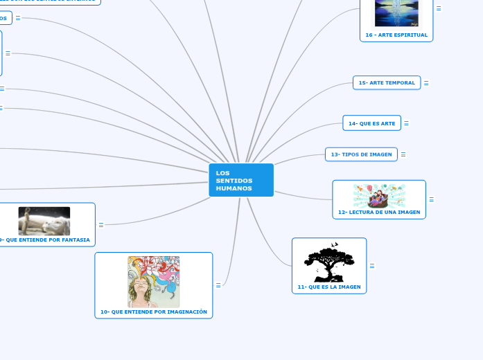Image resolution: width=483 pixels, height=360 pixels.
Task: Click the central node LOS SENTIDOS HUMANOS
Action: tap(240, 180)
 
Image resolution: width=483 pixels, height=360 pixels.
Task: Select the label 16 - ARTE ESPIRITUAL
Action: tap(396, 35)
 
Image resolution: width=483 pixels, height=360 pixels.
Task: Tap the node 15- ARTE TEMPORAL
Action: tap(387, 83)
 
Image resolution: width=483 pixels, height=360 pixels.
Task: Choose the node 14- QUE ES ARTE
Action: tap(371, 123)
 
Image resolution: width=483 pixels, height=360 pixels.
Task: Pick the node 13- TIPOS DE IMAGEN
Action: tap(361, 154)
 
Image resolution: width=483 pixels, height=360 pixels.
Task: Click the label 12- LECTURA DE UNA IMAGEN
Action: tap(379, 212)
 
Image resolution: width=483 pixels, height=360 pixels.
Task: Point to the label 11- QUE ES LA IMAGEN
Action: tap(329, 287)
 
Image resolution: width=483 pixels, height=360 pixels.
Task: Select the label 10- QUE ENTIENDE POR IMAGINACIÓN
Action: tap(154, 312)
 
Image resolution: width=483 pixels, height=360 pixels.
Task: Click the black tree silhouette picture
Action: tap(329, 262)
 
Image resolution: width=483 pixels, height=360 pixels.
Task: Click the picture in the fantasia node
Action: tap(44, 221)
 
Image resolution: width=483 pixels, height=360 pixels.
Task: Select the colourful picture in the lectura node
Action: tap(379, 195)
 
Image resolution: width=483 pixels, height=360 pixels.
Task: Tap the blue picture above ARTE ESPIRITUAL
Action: tap(396, 12)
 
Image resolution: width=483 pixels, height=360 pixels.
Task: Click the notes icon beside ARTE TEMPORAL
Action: tap(426, 83)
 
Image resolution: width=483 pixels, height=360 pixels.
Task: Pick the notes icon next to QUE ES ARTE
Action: tap(406, 123)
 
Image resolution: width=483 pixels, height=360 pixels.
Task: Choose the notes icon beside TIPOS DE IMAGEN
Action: tap(403, 154)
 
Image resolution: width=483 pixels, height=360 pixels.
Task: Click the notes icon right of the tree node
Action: tap(372, 266)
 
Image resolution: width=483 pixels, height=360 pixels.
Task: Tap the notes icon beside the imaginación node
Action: tap(218, 285)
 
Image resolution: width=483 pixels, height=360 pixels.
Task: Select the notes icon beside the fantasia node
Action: tap(101, 224)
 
